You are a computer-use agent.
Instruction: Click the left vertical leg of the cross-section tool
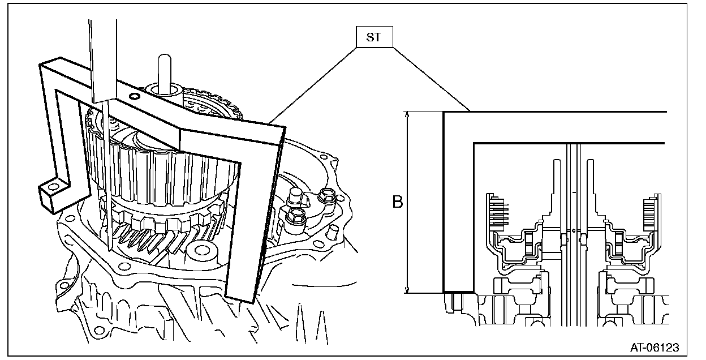[x=458, y=204]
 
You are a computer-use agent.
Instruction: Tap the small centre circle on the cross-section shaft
[x=573, y=231]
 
